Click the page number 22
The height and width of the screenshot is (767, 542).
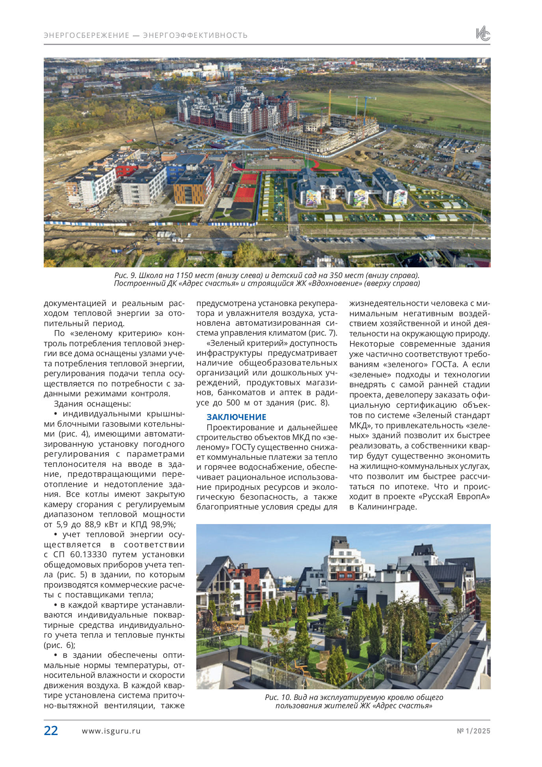51,730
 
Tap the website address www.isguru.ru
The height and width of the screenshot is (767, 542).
111,731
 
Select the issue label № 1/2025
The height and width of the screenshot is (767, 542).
473,731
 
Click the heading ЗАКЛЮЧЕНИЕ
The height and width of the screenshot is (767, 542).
237,417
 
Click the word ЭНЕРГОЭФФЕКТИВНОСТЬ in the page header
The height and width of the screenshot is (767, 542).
195,35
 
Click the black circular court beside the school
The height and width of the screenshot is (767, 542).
240,214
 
